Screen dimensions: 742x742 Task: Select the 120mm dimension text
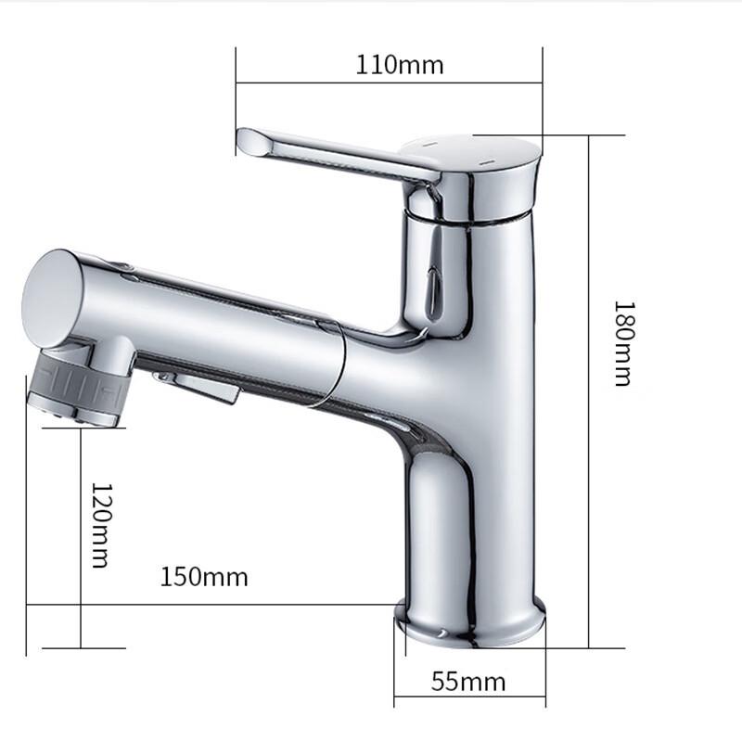(100, 525)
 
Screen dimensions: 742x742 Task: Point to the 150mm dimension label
(204, 577)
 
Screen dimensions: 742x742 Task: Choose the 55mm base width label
(468, 683)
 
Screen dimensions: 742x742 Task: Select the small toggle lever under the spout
(199, 385)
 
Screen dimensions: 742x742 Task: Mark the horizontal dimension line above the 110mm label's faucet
(389, 83)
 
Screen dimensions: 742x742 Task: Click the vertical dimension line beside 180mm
(589, 390)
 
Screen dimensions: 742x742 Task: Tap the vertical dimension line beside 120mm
(81, 538)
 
